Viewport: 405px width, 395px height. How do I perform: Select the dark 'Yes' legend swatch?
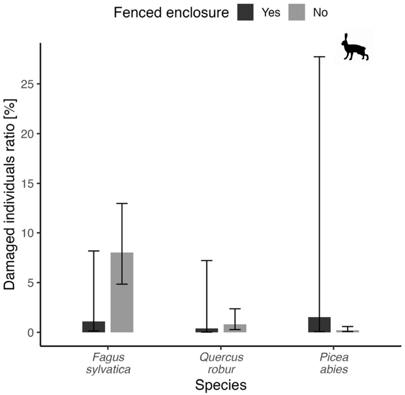click(x=245, y=13)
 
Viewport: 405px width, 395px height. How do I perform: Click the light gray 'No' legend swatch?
click(x=296, y=13)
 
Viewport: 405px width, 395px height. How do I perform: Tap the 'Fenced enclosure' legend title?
click(x=171, y=13)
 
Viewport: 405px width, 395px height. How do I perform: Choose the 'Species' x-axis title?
click(x=220, y=385)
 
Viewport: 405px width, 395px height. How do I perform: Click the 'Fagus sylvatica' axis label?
click(x=108, y=363)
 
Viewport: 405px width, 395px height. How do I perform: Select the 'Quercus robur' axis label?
click(x=221, y=363)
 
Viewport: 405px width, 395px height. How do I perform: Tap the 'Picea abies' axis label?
click(x=334, y=363)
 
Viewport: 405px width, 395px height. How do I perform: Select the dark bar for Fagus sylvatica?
click(x=94, y=327)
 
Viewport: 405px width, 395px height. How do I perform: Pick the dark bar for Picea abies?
click(x=319, y=325)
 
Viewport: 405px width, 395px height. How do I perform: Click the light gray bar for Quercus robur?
click(x=235, y=329)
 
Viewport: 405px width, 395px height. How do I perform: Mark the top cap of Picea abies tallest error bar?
click(x=319, y=57)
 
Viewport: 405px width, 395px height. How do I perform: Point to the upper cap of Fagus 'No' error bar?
click(x=122, y=203)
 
